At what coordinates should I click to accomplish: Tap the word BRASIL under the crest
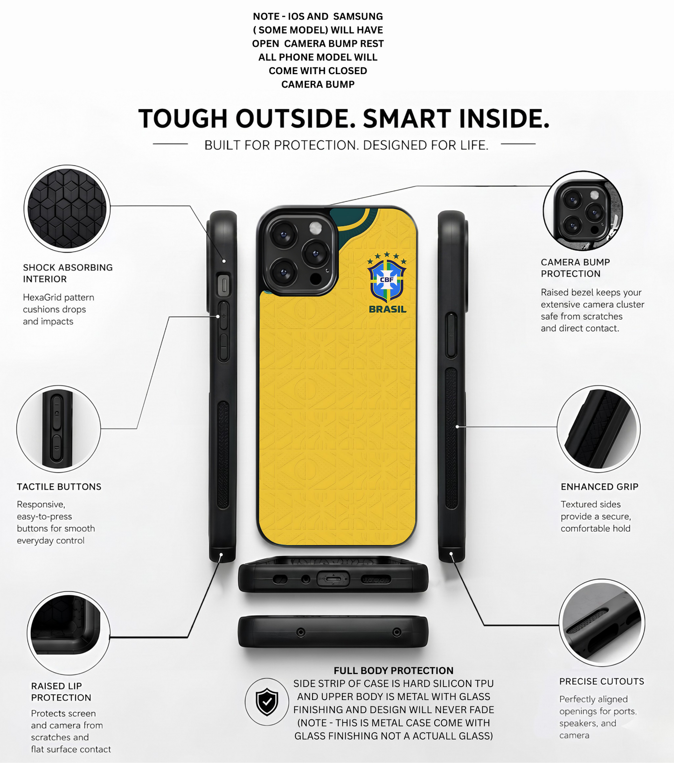coord(387,309)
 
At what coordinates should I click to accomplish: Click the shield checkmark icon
coord(267,701)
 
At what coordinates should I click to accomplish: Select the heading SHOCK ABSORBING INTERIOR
coord(68,273)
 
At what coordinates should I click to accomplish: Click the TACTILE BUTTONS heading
coord(59,487)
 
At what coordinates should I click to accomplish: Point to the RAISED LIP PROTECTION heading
coord(61,692)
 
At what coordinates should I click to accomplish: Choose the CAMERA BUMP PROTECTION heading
coord(575,268)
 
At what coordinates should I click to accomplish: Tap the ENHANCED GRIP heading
coord(599,487)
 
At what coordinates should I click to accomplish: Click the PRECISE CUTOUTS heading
coord(602,681)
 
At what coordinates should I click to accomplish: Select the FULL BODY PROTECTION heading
coord(393,671)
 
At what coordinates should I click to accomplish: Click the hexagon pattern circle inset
coord(67,208)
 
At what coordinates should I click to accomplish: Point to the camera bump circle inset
coord(583,211)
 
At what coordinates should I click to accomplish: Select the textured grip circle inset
coord(598,429)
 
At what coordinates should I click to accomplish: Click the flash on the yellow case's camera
coord(316,228)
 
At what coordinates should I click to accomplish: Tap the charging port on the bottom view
coord(333,579)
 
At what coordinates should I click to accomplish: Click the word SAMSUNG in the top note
coord(358,16)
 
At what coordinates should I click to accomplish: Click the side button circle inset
coord(58,429)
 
